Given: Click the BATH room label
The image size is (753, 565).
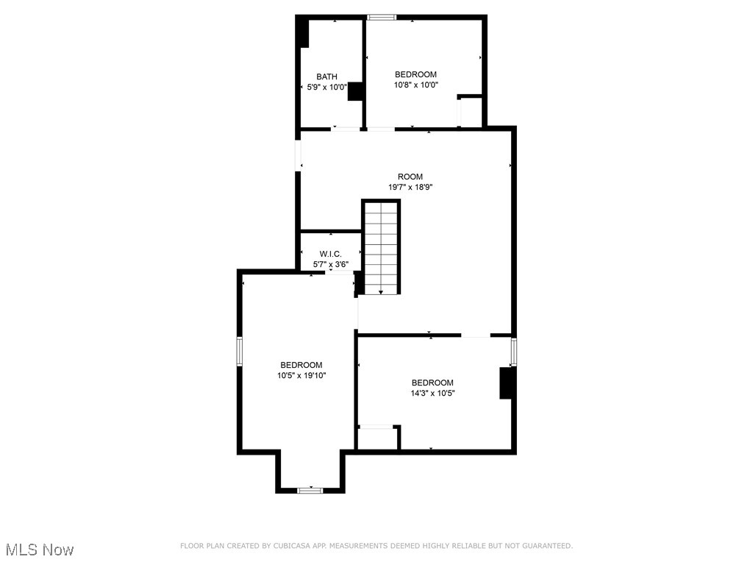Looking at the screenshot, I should click(327, 77).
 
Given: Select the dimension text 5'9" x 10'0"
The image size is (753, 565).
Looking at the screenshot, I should click(327, 87).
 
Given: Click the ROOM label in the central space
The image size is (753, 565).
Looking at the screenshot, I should click(410, 177).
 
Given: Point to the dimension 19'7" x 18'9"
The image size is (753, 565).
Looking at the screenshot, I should click(410, 187).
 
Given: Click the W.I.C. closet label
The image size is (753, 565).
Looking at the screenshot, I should click(330, 254).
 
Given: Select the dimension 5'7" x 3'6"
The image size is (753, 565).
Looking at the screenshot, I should click(330, 264).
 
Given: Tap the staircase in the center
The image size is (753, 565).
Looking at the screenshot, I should click(381, 247).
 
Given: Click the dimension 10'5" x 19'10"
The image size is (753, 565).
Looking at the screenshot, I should click(301, 375).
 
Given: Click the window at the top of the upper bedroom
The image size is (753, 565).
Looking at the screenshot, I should click(382, 17).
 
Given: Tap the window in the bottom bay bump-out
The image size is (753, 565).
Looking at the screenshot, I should click(310, 489).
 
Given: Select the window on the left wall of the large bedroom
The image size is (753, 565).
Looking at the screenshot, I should click(239, 350).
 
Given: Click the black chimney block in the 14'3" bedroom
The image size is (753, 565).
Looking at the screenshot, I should click(506, 383).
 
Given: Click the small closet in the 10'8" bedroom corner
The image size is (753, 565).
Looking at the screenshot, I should click(471, 111).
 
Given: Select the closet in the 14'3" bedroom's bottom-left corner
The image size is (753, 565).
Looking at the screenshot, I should click(377, 438).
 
